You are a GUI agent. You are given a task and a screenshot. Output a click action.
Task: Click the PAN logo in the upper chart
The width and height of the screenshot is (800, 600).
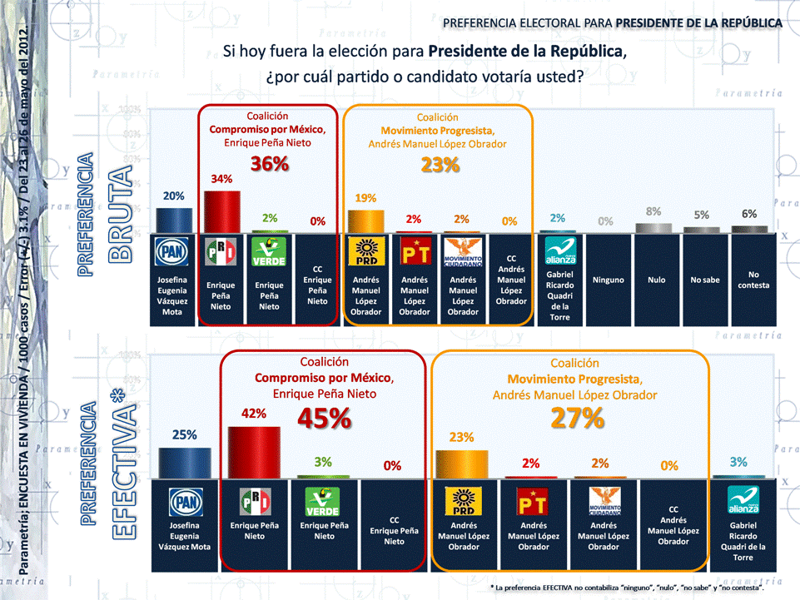[174, 252]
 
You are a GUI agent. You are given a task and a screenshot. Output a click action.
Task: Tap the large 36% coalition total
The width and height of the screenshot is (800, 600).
[270, 164]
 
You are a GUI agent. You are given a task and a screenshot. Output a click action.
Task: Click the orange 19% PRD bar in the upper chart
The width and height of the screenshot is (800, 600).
[365, 221]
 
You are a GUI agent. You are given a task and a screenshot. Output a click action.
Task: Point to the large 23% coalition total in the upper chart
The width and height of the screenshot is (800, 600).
[439, 164]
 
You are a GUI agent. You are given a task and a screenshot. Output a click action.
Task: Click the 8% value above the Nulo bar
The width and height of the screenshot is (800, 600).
[653, 211]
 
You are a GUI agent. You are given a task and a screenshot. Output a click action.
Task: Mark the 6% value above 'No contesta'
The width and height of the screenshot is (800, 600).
[749, 214]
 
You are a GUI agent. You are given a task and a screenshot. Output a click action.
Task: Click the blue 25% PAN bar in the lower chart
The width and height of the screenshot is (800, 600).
[184, 463]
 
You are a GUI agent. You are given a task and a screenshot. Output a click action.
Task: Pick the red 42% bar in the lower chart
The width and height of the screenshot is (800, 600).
[254, 453]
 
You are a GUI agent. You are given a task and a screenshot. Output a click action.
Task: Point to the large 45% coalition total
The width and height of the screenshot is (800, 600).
[325, 419]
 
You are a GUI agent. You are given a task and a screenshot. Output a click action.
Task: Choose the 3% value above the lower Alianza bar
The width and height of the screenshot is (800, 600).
[738, 462]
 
